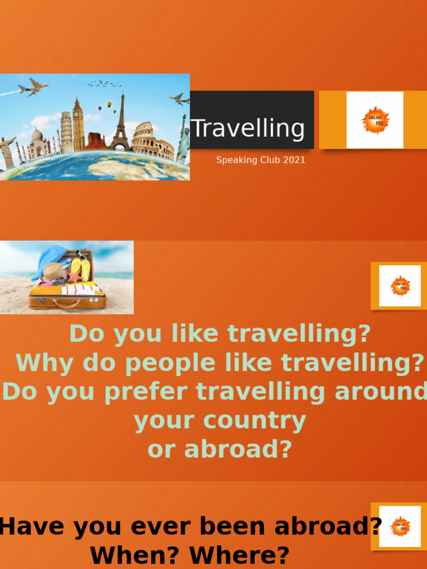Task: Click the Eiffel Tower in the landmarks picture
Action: pyautogui.click(x=121, y=125)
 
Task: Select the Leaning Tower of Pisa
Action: pyautogui.click(x=66, y=132)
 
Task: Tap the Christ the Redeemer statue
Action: pyautogui.click(x=7, y=150)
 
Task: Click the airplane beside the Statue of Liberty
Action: pyautogui.click(x=179, y=99)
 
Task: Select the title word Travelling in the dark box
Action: pyautogui.click(x=248, y=128)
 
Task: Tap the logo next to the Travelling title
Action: pyautogui.click(x=375, y=120)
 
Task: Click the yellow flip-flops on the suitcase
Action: pyautogui.click(x=81, y=269)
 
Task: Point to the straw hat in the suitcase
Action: pyautogui.click(x=54, y=272)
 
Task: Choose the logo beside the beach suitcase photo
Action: pyautogui.click(x=400, y=286)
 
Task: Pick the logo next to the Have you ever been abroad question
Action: pyautogui.click(x=400, y=526)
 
